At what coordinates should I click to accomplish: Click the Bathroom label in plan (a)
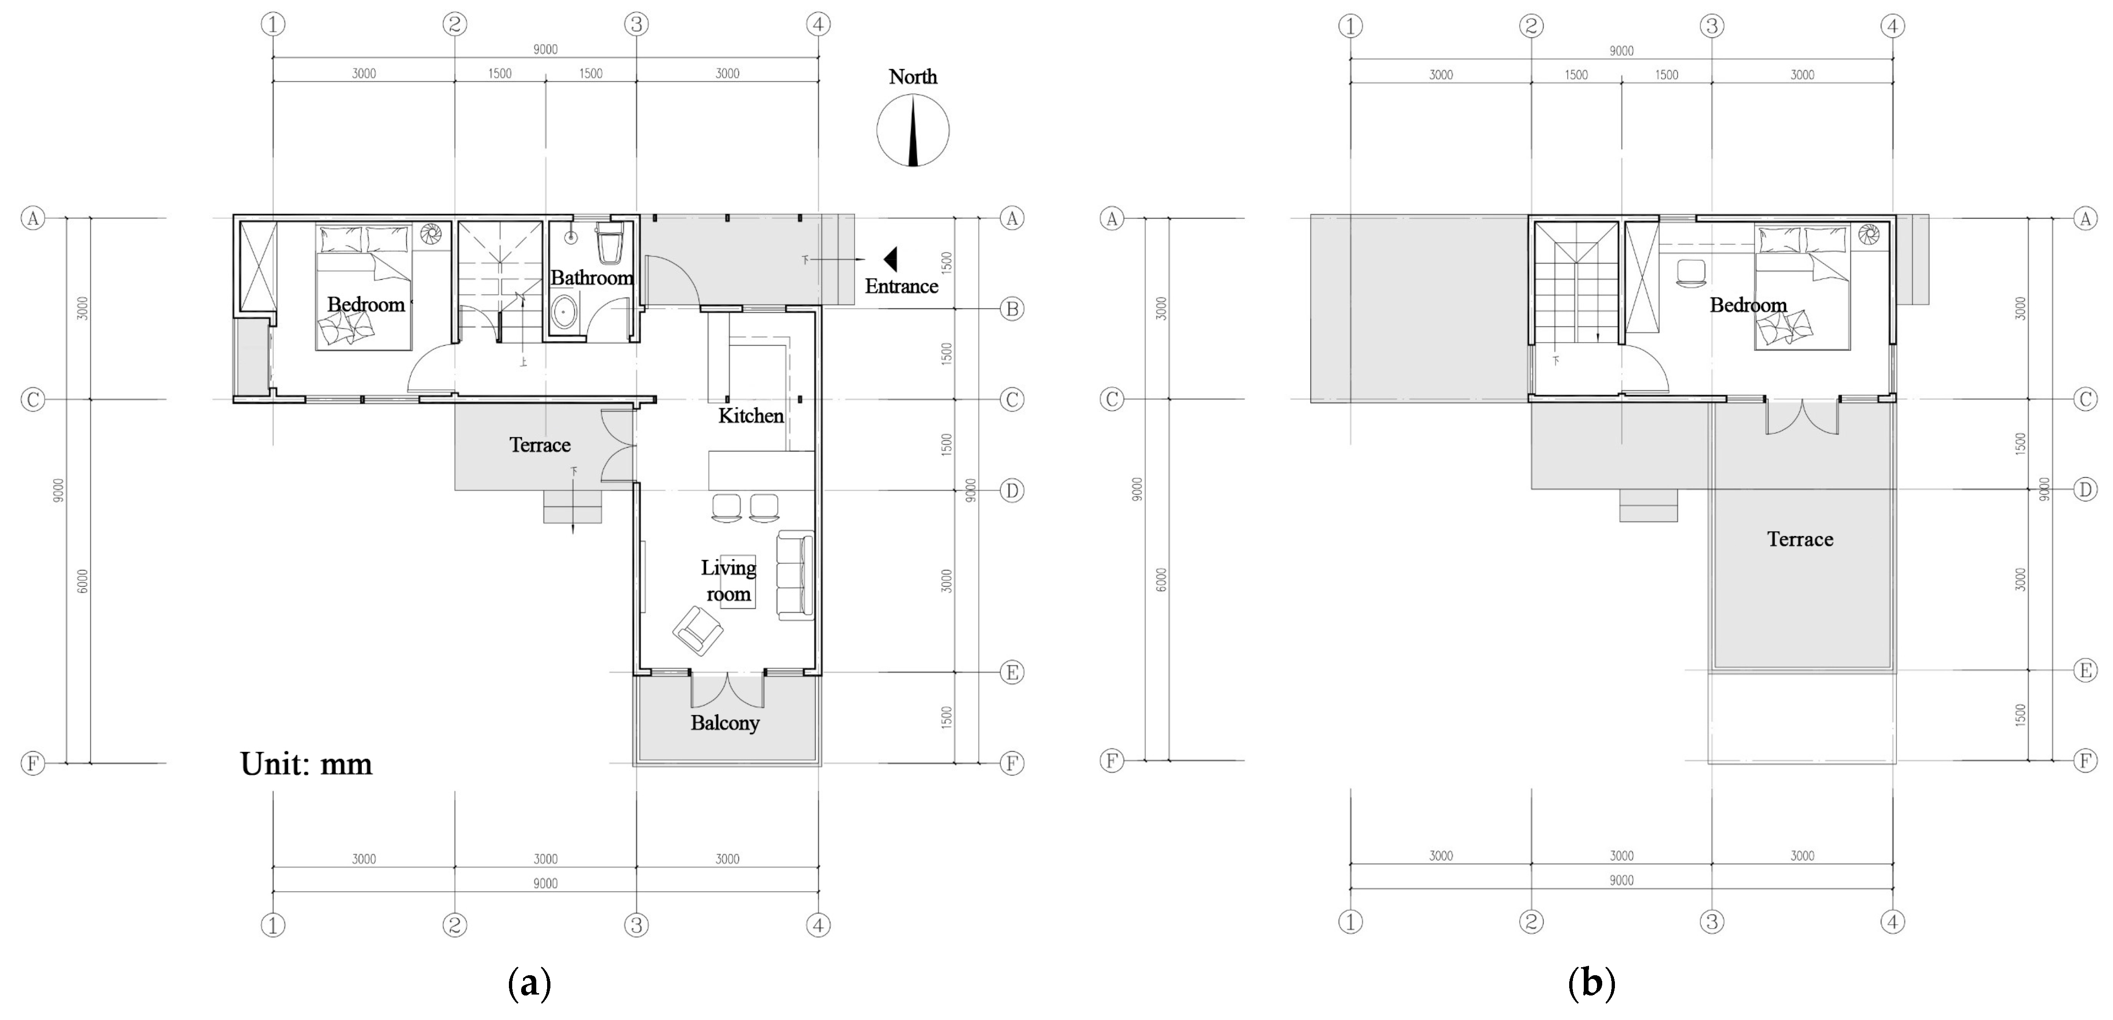pyautogui.click(x=591, y=278)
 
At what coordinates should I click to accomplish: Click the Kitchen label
pyautogui.click(x=750, y=416)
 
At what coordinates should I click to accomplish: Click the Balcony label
pyautogui.click(x=724, y=723)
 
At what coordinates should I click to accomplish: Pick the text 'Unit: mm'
pyautogui.click(x=306, y=764)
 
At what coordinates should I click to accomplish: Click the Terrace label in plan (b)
pyautogui.click(x=1800, y=539)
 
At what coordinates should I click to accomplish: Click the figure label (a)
pyautogui.click(x=529, y=981)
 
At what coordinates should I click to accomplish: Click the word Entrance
pyautogui.click(x=901, y=286)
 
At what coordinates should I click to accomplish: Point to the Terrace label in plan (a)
pyautogui.click(x=539, y=444)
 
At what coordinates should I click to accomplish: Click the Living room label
pyautogui.click(x=728, y=581)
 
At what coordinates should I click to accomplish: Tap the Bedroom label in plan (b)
pyautogui.click(x=1748, y=305)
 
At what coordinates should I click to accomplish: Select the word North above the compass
pyautogui.click(x=912, y=76)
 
